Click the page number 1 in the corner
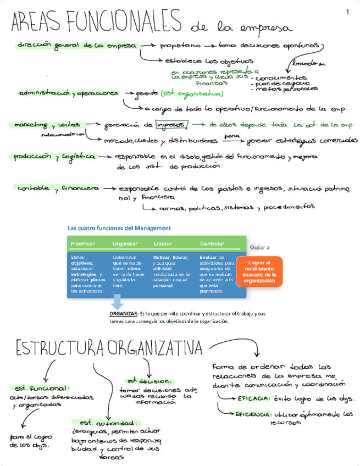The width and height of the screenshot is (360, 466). (347, 12)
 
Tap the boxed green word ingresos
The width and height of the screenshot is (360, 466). (171, 125)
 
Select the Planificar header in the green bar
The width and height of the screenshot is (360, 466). (83, 243)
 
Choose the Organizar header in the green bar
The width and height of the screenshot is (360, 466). (125, 243)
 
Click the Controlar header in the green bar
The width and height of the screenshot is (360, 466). (212, 243)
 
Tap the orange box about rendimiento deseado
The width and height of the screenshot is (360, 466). (260, 271)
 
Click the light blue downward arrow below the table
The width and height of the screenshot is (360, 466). (117, 302)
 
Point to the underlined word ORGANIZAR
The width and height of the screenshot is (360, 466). (124, 313)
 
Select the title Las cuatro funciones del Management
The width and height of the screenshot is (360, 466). (119, 228)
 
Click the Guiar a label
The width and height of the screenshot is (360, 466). (259, 247)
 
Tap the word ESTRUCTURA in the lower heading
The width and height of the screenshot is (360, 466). (60, 347)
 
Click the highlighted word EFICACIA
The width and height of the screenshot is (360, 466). (253, 397)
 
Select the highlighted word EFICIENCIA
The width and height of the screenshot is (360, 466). (253, 414)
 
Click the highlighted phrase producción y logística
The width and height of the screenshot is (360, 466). (55, 157)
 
